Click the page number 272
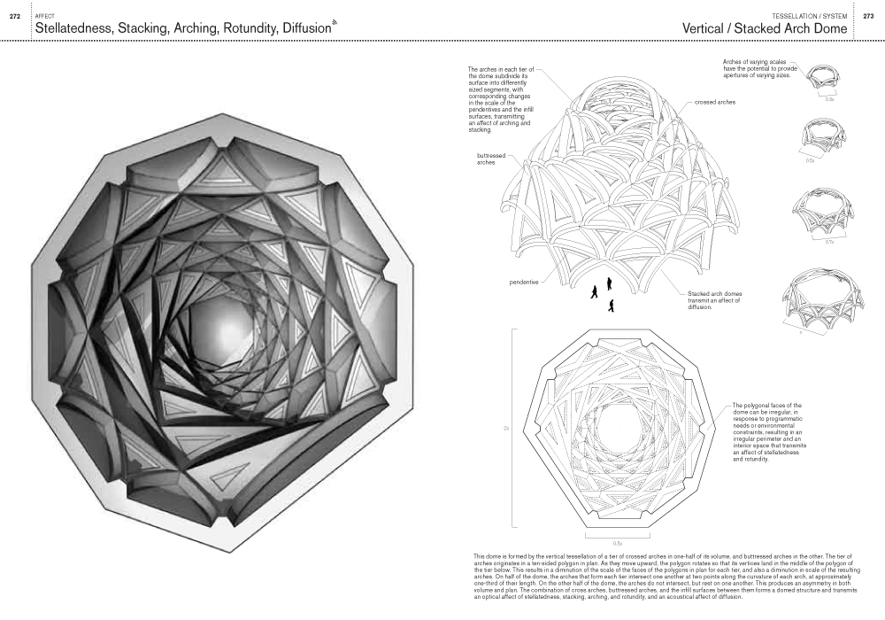tap(14, 17)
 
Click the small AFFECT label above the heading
tap(43, 16)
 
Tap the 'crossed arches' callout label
tap(715, 103)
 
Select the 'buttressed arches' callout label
tap(489, 160)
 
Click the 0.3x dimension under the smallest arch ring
tap(829, 98)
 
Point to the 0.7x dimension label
tap(829, 241)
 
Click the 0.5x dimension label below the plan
tap(618, 542)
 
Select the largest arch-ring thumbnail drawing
tap(828, 303)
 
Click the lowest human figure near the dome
tap(611, 306)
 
